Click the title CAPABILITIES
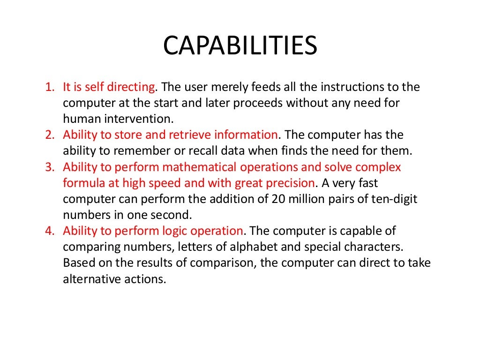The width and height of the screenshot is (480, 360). pyautogui.click(x=240, y=46)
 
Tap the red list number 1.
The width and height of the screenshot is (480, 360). pyautogui.click(x=49, y=87)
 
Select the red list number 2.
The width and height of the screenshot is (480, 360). pyautogui.click(x=50, y=135)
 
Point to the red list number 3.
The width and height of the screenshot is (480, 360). pyautogui.click(x=50, y=167)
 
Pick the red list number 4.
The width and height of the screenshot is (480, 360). pyautogui.click(x=50, y=231)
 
